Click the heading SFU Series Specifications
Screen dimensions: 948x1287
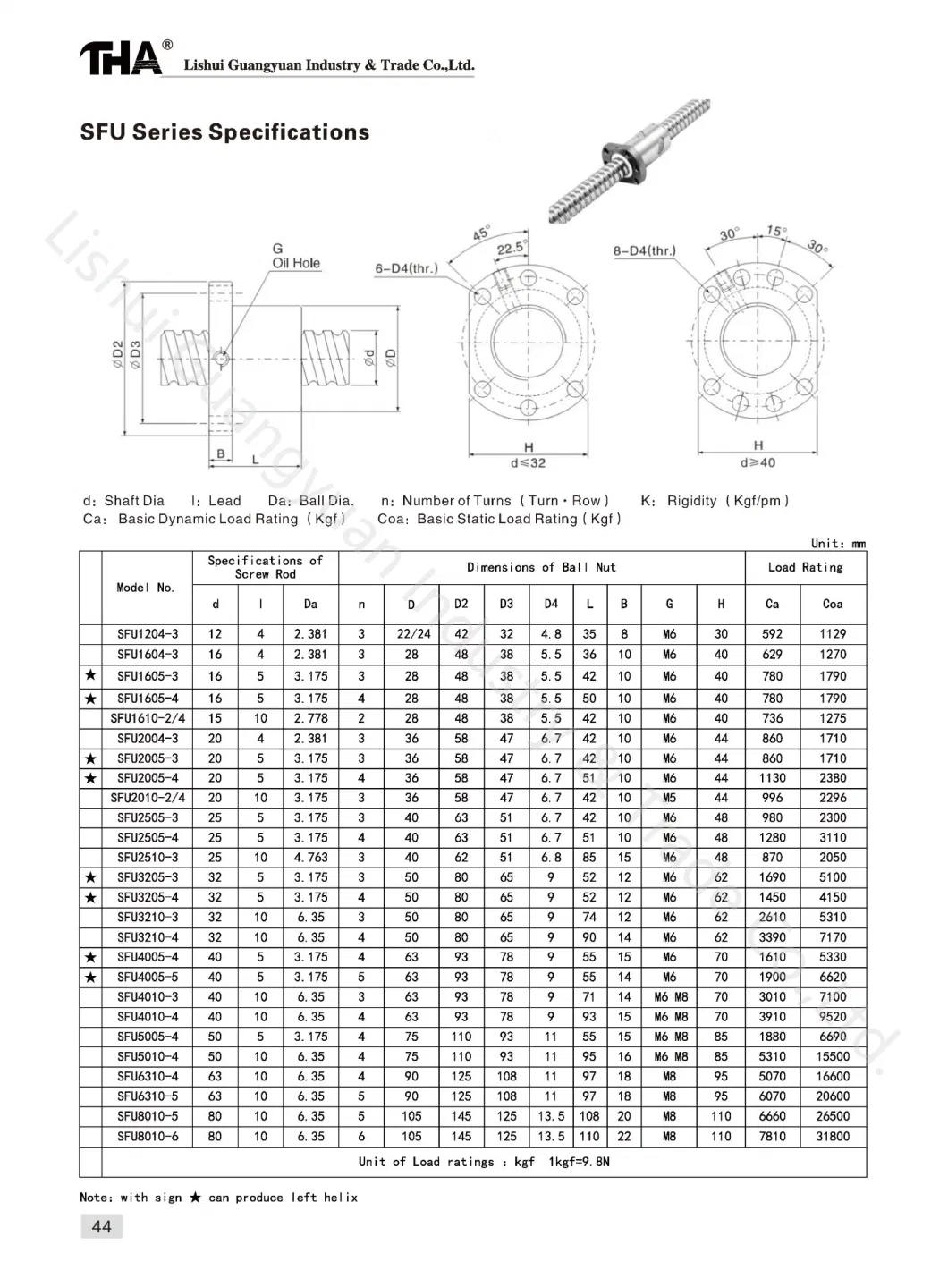(x=224, y=132)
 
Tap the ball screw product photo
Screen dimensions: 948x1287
(x=630, y=161)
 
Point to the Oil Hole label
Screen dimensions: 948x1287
(x=296, y=263)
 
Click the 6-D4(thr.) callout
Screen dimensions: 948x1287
(x=407, y=268)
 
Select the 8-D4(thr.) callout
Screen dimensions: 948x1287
(x=645, y=250)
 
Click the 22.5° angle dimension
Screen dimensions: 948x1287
(x=511, y=249)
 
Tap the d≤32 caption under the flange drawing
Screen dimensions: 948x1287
(x=528, y=463)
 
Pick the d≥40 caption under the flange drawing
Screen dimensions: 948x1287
(x=758, y=462)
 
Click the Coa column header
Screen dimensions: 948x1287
(x=833, y=604)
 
